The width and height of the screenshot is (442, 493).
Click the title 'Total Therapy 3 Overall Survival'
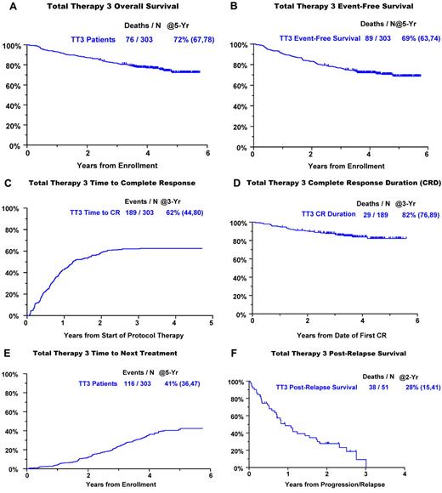[114, 7]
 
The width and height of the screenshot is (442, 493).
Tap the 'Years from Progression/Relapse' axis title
[326, 484]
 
